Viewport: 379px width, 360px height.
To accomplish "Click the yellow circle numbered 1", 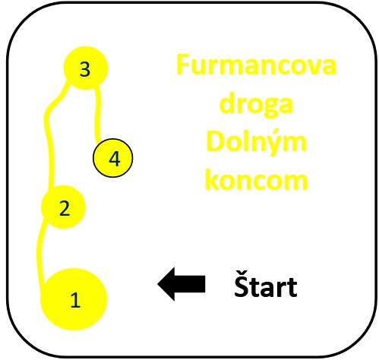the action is [x=74, y=299].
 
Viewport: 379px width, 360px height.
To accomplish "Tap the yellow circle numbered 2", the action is [x=63, y=207].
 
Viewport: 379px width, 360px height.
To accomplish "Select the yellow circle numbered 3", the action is [x=86, y=68].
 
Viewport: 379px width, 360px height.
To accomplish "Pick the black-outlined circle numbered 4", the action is [x=112, y=158].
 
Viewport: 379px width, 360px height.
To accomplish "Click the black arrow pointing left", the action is [x=182, y=284].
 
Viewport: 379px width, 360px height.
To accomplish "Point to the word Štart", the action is [x=266, y=285].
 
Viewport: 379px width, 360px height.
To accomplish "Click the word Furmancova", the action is [x=256, y=65].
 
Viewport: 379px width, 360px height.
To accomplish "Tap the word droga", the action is [x=256, y=104].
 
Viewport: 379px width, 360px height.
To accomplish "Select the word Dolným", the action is [x=256, y=142].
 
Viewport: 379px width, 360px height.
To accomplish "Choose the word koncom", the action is [x=256, y=179].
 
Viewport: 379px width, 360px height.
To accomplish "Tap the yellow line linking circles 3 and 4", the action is [x=98, y=114].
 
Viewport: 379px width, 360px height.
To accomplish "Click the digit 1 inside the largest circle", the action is [x=75, y=300].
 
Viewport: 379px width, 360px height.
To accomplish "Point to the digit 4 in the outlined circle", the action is [x=115, y=159].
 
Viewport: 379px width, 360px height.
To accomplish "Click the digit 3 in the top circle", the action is [x=85, y=69].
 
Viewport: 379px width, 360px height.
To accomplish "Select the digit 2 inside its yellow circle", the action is [x=65, y=208].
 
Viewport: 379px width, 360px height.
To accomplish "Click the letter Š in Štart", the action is [x=241, y=284].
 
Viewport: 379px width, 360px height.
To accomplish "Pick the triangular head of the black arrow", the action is [x=166, y=284].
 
